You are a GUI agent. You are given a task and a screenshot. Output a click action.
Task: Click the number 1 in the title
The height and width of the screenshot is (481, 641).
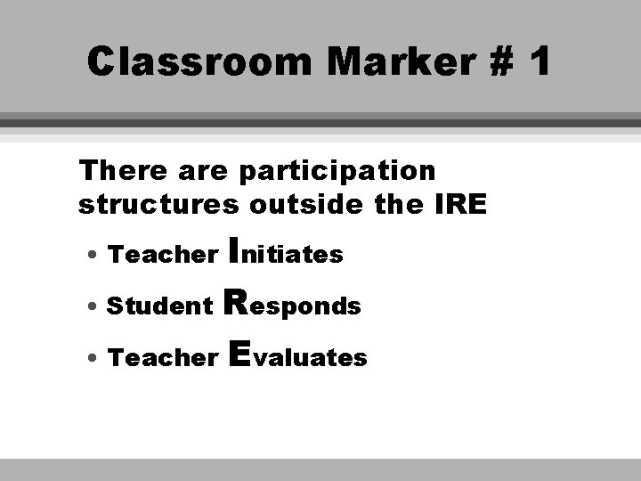pyautogui.click(x=538, y=62)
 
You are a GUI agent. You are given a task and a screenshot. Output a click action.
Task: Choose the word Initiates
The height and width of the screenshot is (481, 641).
pyautogui.click(x=286, y=253)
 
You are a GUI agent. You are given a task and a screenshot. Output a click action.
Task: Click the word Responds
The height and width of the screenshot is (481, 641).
pyautogui.click(x=295, y=305)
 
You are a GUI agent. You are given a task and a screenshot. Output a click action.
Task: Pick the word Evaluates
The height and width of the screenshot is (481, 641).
pyautogui.click(x=297, y=356)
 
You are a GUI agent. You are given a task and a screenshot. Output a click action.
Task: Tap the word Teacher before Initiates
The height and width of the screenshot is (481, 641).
pyautogui.click(x=162, y=255)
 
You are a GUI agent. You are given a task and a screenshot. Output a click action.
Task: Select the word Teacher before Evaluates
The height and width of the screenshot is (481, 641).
pyautogui.click(x=162, y=358)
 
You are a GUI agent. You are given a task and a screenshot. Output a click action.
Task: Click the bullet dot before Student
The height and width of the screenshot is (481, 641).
pyautogui.click(x=93, y=307)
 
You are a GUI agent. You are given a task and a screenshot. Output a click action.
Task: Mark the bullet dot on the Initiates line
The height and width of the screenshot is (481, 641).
pyautogui.click(x=93, y=256)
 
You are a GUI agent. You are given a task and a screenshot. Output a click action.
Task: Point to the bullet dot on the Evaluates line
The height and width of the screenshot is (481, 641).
pyautogui.click(x=93, y=359)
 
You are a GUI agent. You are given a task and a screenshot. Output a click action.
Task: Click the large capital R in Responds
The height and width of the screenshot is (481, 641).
pyautogui.click(x=238, y=303)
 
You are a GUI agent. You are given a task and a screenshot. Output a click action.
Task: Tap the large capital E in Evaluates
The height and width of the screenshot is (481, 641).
pyautogui.click(x=238, y=355)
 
